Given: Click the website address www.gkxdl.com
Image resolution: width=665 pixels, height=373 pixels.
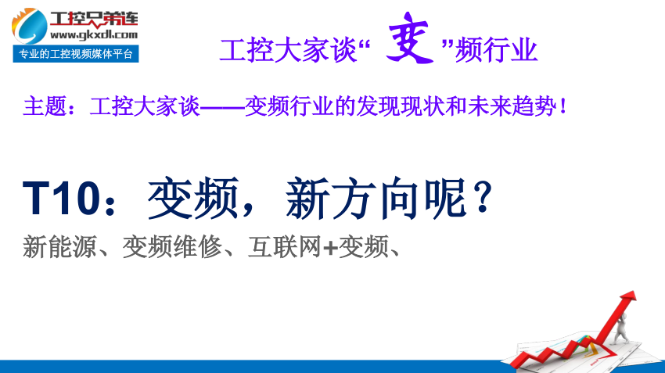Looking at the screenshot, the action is pyautogui.click(x=94, y=34).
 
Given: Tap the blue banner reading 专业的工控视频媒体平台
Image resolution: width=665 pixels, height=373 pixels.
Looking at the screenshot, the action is pyautogui.click(x=76, y=54).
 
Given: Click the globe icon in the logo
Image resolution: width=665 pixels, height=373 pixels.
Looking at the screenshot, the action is pyautogui.click(x=29, y=27).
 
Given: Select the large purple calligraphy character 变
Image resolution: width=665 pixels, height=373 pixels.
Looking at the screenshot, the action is pyautogui.click(x=409, y=38).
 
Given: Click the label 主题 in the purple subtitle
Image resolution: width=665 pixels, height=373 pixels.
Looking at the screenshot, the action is pyautogui.click(x=45, y=106).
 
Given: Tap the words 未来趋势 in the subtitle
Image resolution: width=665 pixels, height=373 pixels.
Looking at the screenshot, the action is pyautogui.click(x=512, y=106).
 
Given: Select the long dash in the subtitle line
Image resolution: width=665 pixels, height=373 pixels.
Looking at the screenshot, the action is pyautogui.click(x=222, y=107).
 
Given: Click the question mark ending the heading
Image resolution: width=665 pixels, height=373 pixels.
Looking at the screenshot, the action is pyautogui.click(x=483, y=198).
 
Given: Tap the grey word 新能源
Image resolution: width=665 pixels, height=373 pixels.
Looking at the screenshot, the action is pyautogui.click(x=59, y=246).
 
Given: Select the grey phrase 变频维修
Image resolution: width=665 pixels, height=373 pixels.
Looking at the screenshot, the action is pyautogui.click(x=172, y=246).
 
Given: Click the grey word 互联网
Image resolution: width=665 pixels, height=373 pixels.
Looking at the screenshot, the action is pyautogui.click(x=284, y=246).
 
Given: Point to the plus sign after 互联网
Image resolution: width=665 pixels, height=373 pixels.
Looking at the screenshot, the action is pyautogui.click(x=330, y=248).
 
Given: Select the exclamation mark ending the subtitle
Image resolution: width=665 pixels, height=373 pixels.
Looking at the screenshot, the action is pyautogui.click(x=563, y=106).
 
